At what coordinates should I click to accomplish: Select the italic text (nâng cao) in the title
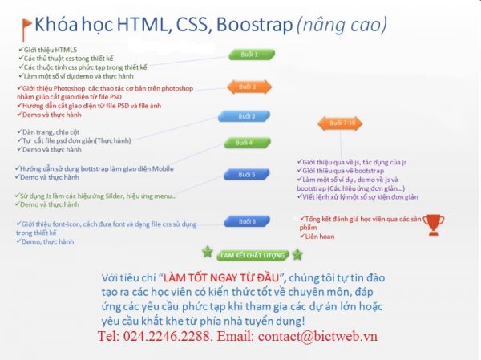(342, 26)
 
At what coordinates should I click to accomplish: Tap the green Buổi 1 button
(249, 55)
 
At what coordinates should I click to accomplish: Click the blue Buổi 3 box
(247, 116)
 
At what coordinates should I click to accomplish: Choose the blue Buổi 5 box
(246, 174)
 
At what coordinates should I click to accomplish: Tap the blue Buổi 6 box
(246, 221)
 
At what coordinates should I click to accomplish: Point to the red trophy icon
(433, 224)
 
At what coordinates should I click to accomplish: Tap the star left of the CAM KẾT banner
(208, 253)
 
